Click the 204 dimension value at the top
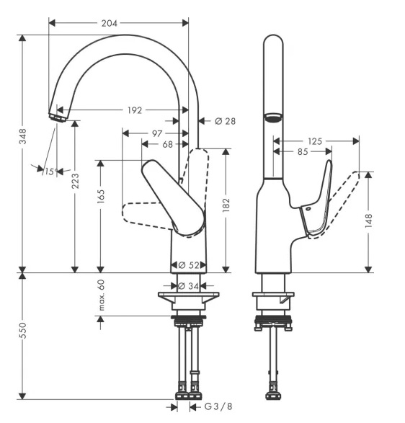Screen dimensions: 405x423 coord(110,24)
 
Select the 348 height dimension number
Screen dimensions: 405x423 coord(22,136)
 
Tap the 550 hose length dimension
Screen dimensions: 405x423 coord(22,330)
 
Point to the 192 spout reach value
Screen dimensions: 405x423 coord(135,110)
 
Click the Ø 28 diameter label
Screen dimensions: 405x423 coord(225,121)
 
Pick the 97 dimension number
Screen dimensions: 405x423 coord(157,133)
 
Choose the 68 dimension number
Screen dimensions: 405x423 coord(167,144)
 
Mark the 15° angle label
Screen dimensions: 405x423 coord(51,172)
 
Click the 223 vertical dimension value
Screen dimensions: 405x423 coord(75,181)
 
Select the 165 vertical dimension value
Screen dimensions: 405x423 coord(101,196)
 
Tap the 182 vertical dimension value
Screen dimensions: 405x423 coord(226,205)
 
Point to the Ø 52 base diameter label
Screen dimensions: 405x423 coord(189,265)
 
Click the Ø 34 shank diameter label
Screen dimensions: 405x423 coord(188,285)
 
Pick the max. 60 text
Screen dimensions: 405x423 coord(101,295)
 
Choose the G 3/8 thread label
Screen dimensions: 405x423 coord(218,406)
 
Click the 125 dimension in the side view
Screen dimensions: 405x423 coord(315,141)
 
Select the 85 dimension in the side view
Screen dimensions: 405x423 coord(303,151)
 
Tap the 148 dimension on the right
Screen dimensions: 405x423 coord(368,221)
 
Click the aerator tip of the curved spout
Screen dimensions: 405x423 coord(58,118)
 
